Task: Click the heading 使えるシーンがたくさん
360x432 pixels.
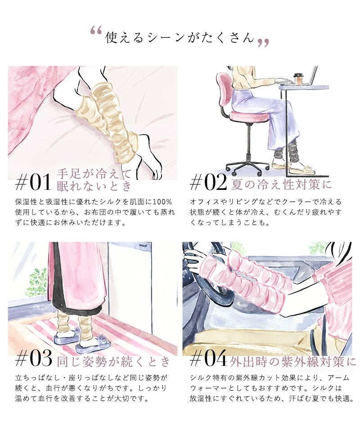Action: click(x=180, y=37)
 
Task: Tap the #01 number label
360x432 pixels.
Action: click(x=33, y=182)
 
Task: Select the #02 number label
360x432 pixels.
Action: click(x=208, y=182)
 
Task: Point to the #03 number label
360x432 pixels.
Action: click(x=34, y=359)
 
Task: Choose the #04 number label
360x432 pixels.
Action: click(x=208, y=359)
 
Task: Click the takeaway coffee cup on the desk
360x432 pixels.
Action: click(x=298, y=79)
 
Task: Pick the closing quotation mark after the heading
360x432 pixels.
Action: click(x=263, y=43)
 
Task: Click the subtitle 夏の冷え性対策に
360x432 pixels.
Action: click(x=281, y=184)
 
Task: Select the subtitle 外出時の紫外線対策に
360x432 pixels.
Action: click(x=292, y=361)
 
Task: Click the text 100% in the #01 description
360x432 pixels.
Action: click(x=162, y=202)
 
